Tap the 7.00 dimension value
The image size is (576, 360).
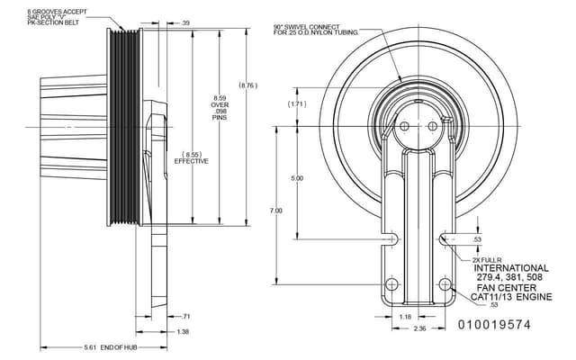pyautogui.click(x=275, y=211)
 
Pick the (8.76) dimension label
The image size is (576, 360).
pyautogui.click(x=248, y=85)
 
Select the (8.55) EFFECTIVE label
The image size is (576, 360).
pyautogui.click(x=192, y=157)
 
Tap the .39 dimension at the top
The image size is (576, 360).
pyautogui.click(x=185, y=22)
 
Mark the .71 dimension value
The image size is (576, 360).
pyautogui.click(x=186, y=317)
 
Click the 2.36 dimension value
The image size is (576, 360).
pyautogui.click(x=419, y=329)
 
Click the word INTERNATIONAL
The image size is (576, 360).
pyautogui.click(x=510, y=268)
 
